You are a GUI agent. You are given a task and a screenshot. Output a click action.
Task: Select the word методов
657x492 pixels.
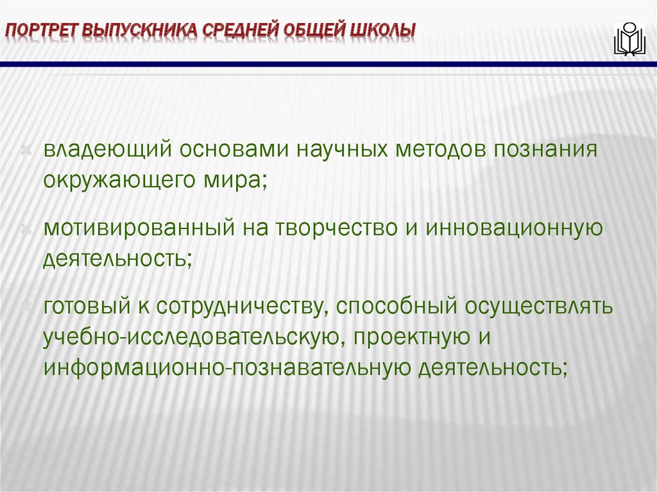click(441, 149)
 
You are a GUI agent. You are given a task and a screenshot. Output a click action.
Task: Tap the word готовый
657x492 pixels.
click(85, 306)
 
